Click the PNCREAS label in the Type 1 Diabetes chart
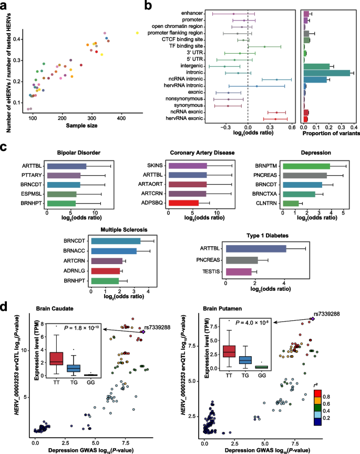pyautogui.click(x=211, y=260)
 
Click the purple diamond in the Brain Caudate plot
pyautogui.click(x=143, y=331)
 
